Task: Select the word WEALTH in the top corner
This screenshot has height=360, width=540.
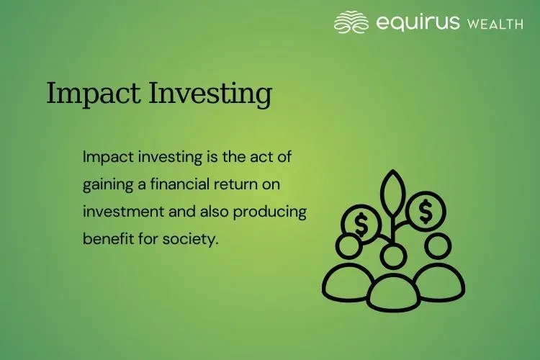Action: pyautogui.click(x=495, y=24)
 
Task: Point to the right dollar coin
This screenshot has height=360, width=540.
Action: pyautogui.click(x=426, y=212)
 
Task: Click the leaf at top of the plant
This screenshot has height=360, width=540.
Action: pyautogui.click(x=393, y=193)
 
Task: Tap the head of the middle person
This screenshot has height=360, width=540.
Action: pyautogui.click(x=393, y=255)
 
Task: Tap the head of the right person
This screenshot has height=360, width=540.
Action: pyautogui.click(x=437, y=246)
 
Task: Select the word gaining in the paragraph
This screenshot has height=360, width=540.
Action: pyautogui.click(x=105, y=185)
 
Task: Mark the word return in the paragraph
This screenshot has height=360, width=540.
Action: pyautogui.click(x=237, y=184)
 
